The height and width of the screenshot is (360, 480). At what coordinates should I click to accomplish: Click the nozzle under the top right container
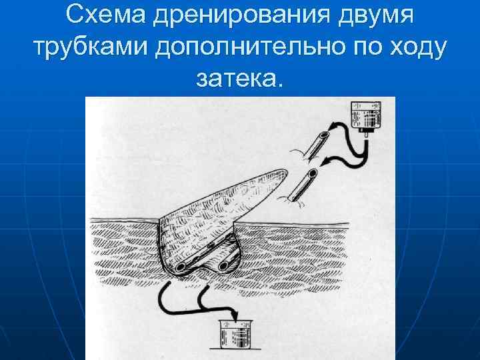[365, 133]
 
